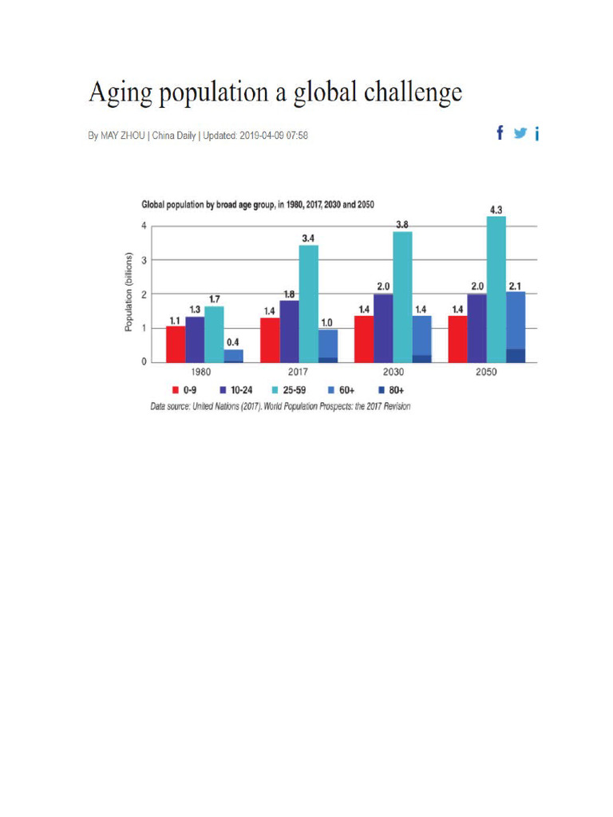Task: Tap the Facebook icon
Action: [x=500, y=133]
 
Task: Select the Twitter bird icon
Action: [x=520, y=133]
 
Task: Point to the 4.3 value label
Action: [x=496, y=210]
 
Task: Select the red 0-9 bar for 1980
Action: [x=176, y=344]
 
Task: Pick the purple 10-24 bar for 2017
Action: [x=289, y=331]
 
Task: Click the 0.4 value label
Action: [x=233, y=342]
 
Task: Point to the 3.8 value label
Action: [x=402, y=225]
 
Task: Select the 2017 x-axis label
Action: [x=299, y=373]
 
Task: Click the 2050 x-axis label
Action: [x=486, y=373]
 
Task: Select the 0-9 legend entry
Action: [x=184, y=391]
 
